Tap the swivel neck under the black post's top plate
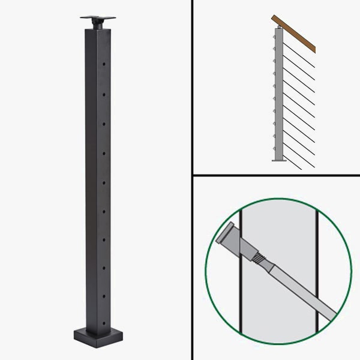(97, 24)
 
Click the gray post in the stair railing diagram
(278, 96)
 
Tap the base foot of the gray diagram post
(278, 159)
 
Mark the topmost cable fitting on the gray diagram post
(274, 35)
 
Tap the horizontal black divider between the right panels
(276, 176)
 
